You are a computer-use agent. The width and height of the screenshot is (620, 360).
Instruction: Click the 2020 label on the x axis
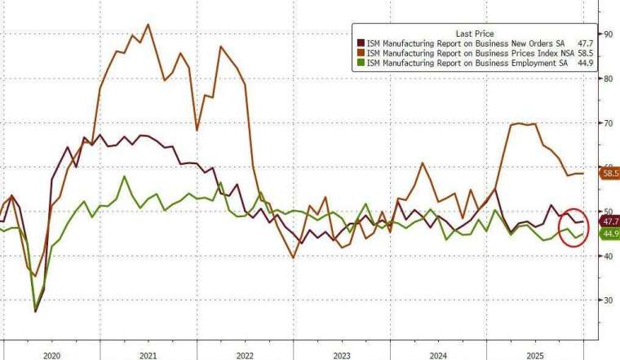pyautogui.click(x=51, y=356)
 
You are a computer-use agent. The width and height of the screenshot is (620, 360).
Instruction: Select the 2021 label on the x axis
pyautogui.click(x=148, y=356)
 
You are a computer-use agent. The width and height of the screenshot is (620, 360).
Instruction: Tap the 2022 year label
pyautogui.click(x=245, y=356)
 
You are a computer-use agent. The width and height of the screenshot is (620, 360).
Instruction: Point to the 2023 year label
pyautogui.click(x=341, y=356)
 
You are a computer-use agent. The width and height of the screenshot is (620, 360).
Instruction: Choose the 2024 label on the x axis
pyautogui.click(x=438, y=356)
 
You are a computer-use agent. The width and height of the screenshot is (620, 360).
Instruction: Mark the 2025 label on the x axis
pyautogui.click(x=534, y=356)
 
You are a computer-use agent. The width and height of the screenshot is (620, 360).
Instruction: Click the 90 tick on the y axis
pyautogui.click(x=608, y=34)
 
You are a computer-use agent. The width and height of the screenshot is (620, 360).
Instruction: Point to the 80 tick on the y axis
pyautogui.click(x=608, y=78)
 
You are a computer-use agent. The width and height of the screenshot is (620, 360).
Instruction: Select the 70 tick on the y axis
pyautogui.click(x=608, y=122)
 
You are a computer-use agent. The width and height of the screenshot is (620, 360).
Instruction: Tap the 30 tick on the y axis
pyautogui.click(x=608, y=300)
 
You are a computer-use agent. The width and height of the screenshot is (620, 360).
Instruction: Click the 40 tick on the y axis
pyautogui.click(x=608, y=256)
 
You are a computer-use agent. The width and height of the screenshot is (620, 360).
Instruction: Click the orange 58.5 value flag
pyautogui.click(x=609, y=173)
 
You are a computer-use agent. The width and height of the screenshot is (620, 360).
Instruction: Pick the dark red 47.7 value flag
pyautogui.click(x=609, y=221)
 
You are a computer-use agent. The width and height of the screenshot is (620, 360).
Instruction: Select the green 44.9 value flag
pyautogui.click(x=609, y=234)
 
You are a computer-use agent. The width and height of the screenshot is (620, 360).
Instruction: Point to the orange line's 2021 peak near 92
pyautogui.click(x=147, y=24)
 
